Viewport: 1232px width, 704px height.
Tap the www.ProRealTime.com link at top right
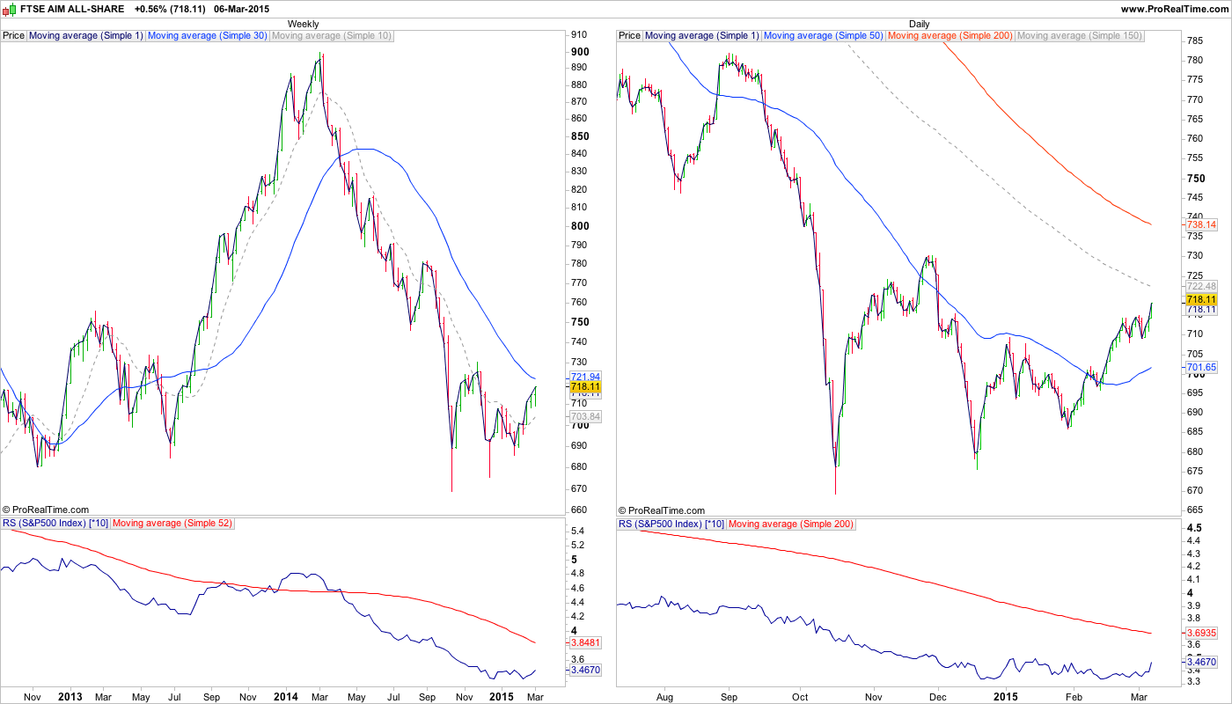pos(1175,9)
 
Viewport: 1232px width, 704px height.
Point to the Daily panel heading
pos(919,24)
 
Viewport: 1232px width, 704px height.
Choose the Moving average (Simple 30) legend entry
pos(208,36)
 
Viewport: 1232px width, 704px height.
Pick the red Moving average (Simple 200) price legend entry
pos(950,36)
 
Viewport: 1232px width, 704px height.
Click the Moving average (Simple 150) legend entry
pos(1079,36)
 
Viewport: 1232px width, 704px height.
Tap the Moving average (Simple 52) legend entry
pos(172,524)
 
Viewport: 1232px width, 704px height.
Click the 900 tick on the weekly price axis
pos(580,51)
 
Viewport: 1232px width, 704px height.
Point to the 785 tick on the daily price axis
pos(1195,40)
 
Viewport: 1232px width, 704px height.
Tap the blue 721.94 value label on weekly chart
pos(585,377)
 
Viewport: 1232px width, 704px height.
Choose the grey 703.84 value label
pos(585,416)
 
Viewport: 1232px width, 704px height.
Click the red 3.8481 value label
pos(585,642)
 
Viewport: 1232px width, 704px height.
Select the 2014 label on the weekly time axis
pos(285,697)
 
